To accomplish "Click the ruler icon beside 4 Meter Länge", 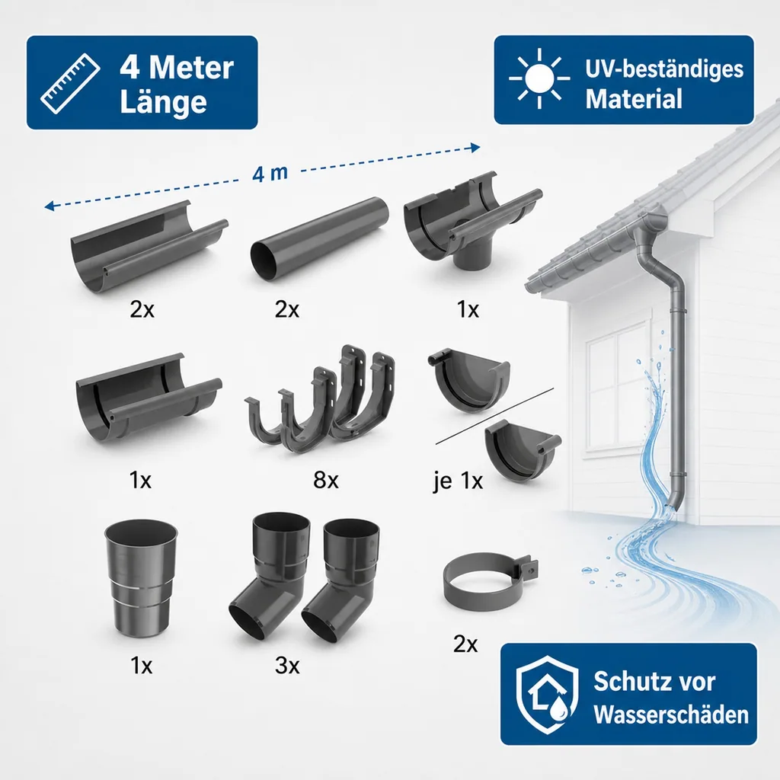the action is coord(70,83).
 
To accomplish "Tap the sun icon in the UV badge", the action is coord(539,78).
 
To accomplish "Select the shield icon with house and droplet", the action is coord(547,695).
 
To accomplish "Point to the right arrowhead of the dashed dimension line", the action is coord(475,147).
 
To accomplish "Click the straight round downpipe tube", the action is coord(319,238).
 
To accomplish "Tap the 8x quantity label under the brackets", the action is coord(326,480).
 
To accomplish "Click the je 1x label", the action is coord(458,481).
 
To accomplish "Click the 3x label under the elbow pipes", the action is coord(287,665).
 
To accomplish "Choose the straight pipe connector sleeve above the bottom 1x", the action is coord(141,577).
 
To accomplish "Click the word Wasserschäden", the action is coord(671,714).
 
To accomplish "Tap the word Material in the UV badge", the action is coord(633,98).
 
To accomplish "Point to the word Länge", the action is coord(163,102).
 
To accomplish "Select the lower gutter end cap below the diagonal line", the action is coord(523,449).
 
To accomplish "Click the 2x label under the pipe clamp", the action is coord(465,644).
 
